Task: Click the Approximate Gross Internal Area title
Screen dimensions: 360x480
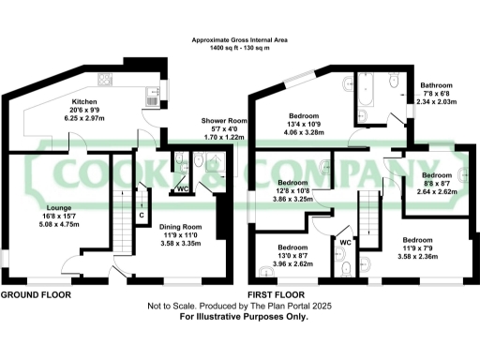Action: [x=240, y=40]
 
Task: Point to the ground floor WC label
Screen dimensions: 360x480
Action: [x=183, y=188]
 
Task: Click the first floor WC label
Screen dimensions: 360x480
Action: [x=346, y=242]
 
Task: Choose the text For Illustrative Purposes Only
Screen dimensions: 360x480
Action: [x=243, y=317]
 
